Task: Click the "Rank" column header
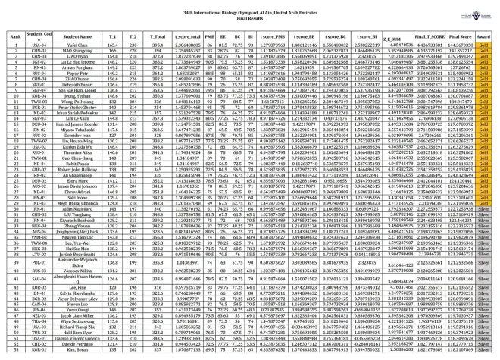point(13,36)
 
